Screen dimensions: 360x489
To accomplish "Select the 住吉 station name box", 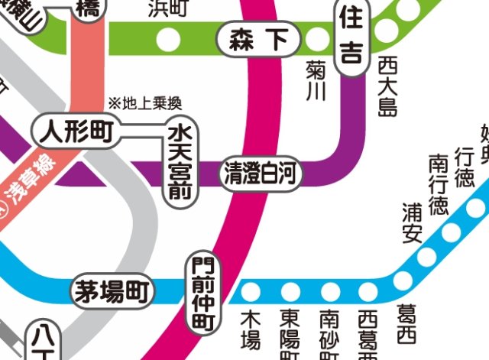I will pyautogui.click(x=351, y=40).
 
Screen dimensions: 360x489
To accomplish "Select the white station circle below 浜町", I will pyautogui.click(x=169, y=38).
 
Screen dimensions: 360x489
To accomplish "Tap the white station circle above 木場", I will pyautogui.click(x=251, y=291).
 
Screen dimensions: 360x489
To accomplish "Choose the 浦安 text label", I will pyautogui.click(x=413, y=222).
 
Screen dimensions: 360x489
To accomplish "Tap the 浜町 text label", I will pyautogui.click(x=169, y=9).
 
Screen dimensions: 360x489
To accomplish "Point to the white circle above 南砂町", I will pyautogui.click(x=330, y=291).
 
